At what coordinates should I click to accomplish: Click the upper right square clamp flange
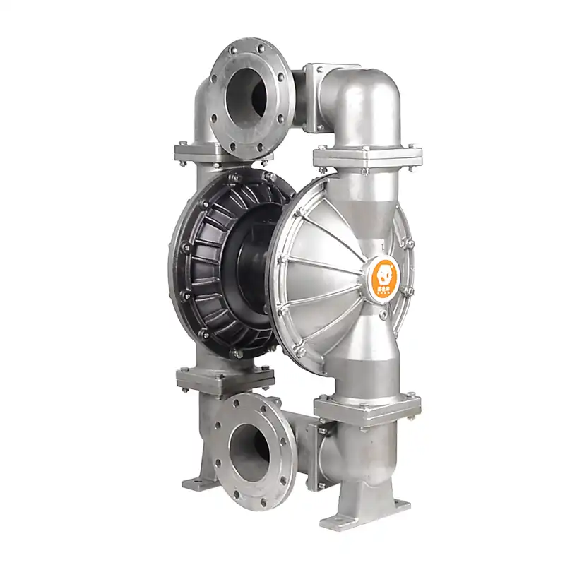[367, 155]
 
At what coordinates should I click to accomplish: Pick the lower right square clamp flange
[367, 408]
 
